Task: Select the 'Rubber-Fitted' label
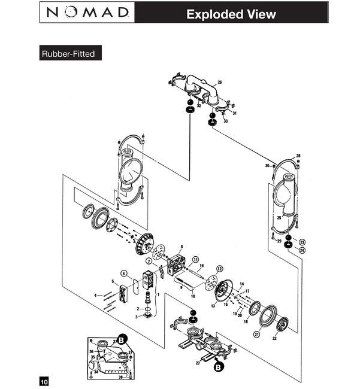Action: [x=68, y=53]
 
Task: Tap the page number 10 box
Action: [x=44, y=381]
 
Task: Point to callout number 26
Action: [x=220, y=82]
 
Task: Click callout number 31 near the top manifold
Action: [x=235, y=114]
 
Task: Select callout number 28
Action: [x=299, y=156]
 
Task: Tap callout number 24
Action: [x=302, y=250]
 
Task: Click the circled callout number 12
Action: [x=220, y=269]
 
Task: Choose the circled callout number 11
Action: [x=195, y=259]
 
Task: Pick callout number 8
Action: [x=181, y=247]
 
